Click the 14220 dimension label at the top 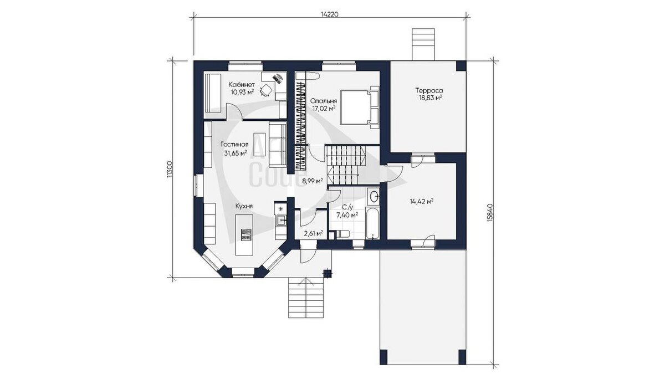click(x=330, y=14)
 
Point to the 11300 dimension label click(x=169, y=169)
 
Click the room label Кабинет click(x=242, y=84)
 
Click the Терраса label click(x=429, y=90)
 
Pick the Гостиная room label click(x=234, y=145)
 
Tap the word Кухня click(x=244, y=206)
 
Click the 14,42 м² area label click(x=422, y=202)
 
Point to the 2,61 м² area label click(x=314, y=233)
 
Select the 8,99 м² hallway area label click(x=313, y=181)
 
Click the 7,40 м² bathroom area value click(x=347, y=215)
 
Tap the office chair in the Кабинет click(x=58, y=90)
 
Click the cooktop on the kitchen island click(x=246, y=234)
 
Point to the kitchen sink click(x=73, y=220)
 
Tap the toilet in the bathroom click(x=342, y=234)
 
